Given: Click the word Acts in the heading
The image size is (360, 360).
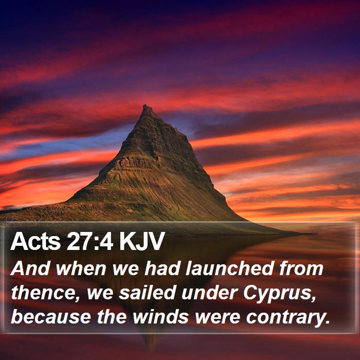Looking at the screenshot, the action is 35,241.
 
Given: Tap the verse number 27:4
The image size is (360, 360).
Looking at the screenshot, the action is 90,241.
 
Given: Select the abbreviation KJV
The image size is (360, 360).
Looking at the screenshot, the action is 142,241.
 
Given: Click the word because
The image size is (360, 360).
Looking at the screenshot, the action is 51,317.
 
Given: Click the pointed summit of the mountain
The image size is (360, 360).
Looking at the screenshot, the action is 146,106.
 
